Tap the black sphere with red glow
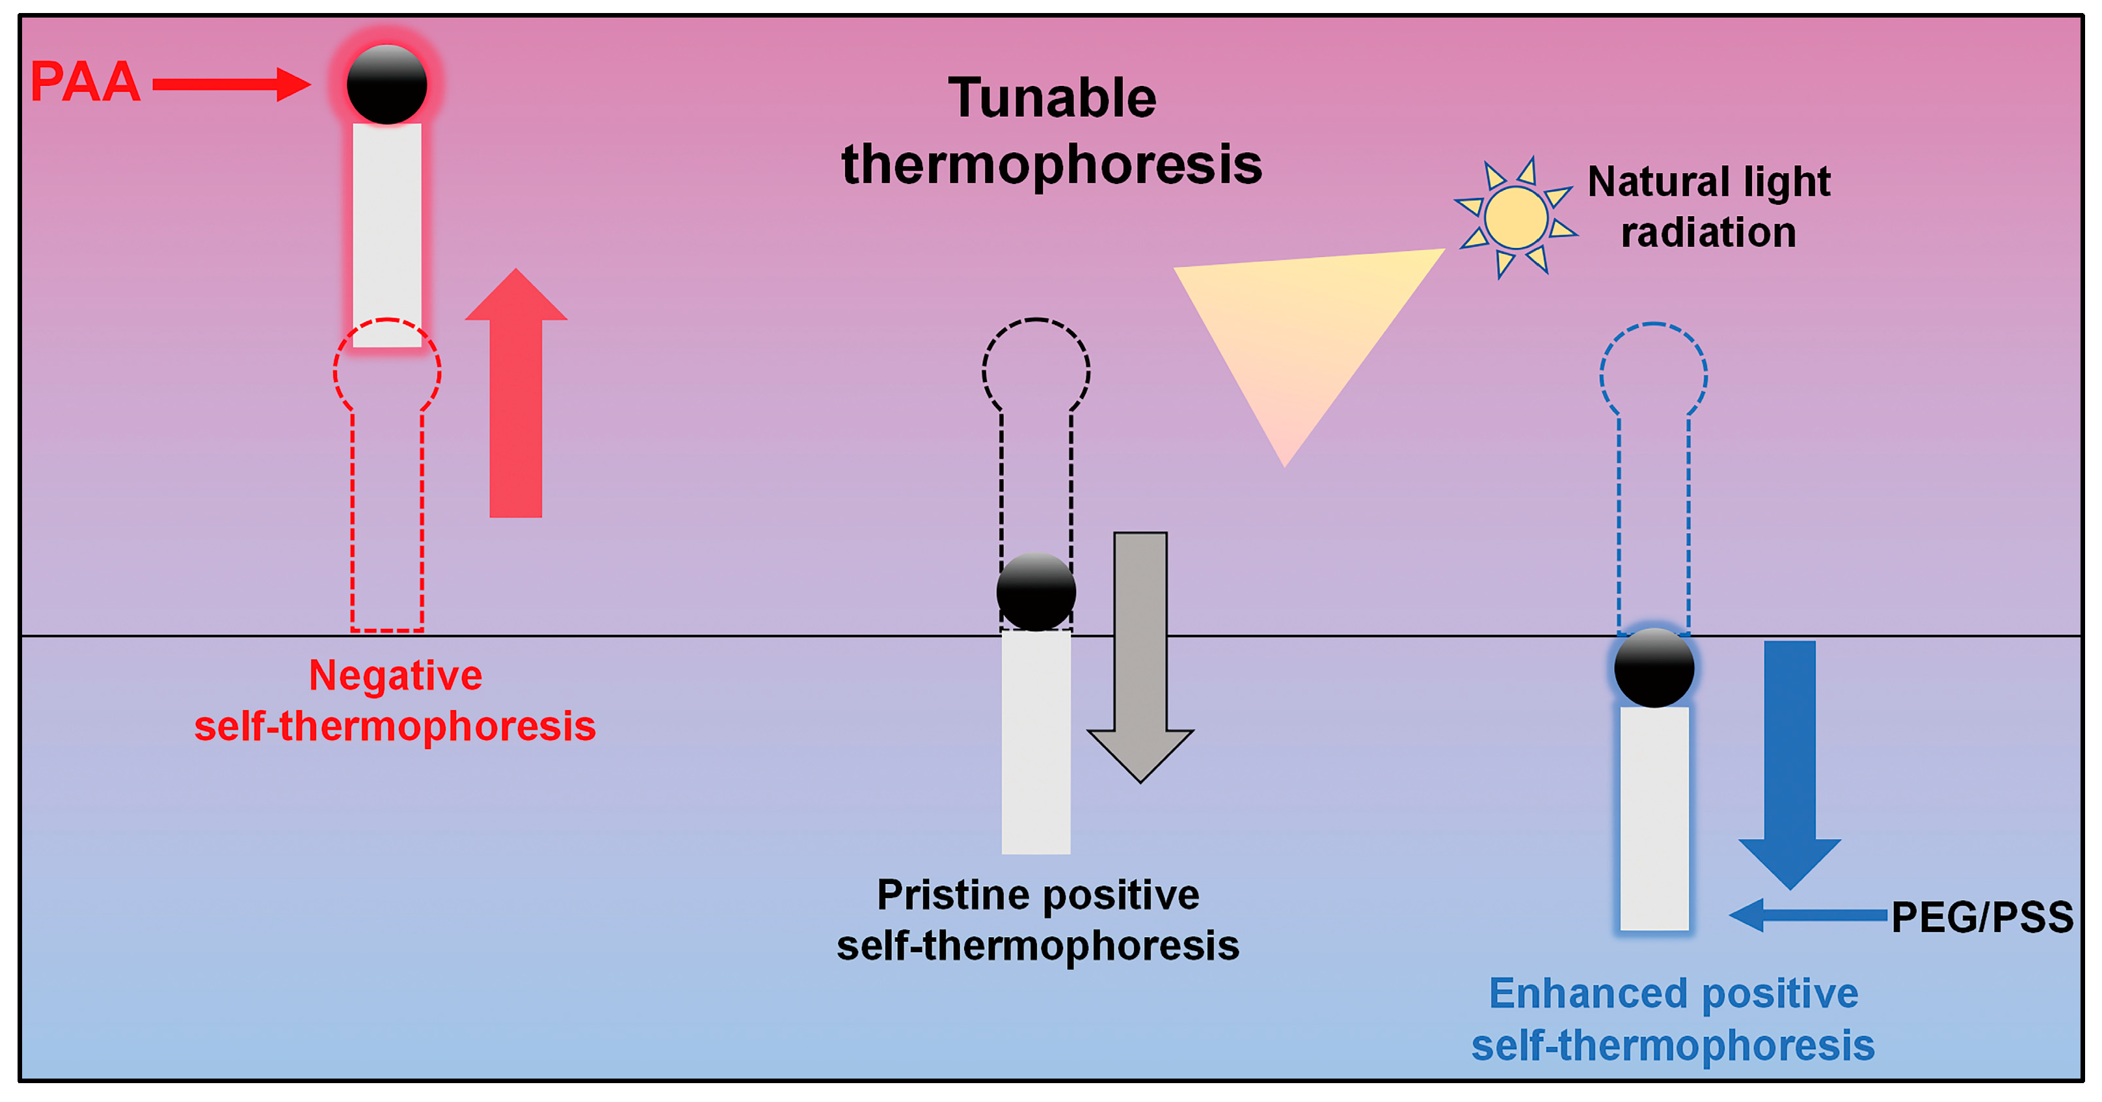click(387, 84)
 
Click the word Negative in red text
click(395, 676)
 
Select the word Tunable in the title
click(1052, 98)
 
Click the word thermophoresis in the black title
click(1052, 164)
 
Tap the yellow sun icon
click(1515, 217)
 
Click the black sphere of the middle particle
click(1036, 592)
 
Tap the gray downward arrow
click(1140, 653)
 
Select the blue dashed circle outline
click(1602, 376)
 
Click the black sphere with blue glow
click(1654, 668)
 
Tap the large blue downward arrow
click(1790, 759)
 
